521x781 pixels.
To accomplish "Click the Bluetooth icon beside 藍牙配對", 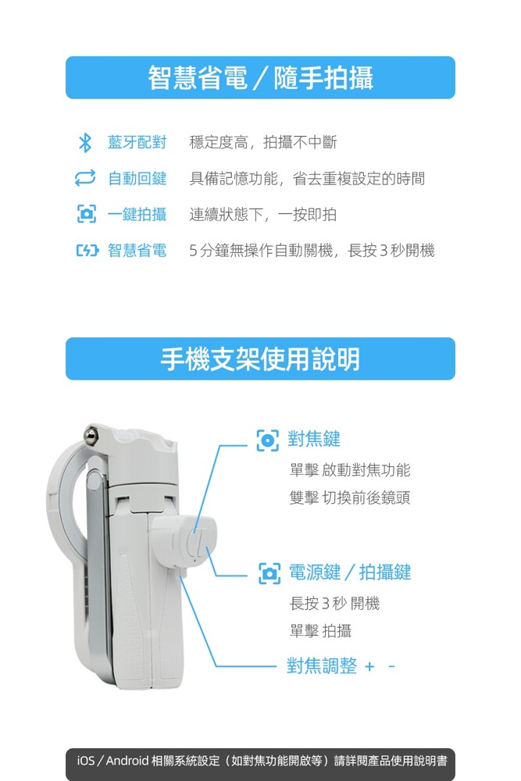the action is pyautogui.click(x=85, y=142).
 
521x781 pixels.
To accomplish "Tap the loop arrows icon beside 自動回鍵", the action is pyautogui.click(x=84, y=178).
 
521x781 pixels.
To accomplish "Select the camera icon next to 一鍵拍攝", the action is pyautogui.click(x=86, y=214).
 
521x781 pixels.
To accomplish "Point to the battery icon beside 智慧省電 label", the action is pyautogui.click(x=87, y=250).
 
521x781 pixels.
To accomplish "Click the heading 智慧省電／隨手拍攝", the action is pyautogui.click(x=261, y=77).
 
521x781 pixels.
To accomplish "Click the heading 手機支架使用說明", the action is pyautogui.click(x=260, y=359).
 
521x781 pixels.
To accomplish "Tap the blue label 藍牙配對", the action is pyautogui.click(x=137, y=142).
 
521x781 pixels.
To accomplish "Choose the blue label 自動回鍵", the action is pyautogui.click(x=137, y=178).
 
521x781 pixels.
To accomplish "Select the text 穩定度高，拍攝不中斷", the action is pyautogui.click(x=263, y=142).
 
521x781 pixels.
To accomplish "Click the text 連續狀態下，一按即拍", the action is pyautogui.click(x=263, y=214).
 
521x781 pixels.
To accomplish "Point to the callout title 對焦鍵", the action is pyautogui.click(x=314, y=439).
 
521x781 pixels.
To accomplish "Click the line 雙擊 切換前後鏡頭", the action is pyautogui.click(x=350, y=497).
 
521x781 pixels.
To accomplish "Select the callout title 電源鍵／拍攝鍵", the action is pyautogui.click(x=350, y=572).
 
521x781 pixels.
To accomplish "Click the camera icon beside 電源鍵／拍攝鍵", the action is pyautogui.click(x=269, y=573).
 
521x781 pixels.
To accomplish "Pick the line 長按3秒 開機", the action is pyautogui.click(x=335, y=603).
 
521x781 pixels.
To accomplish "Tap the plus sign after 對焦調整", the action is pyautogui.click(x=369, y=666).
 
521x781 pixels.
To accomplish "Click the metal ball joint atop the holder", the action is pyautogui.click(x=91, y=434).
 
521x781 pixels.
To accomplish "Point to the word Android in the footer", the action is pyautogui.click(x=127, y=761).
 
